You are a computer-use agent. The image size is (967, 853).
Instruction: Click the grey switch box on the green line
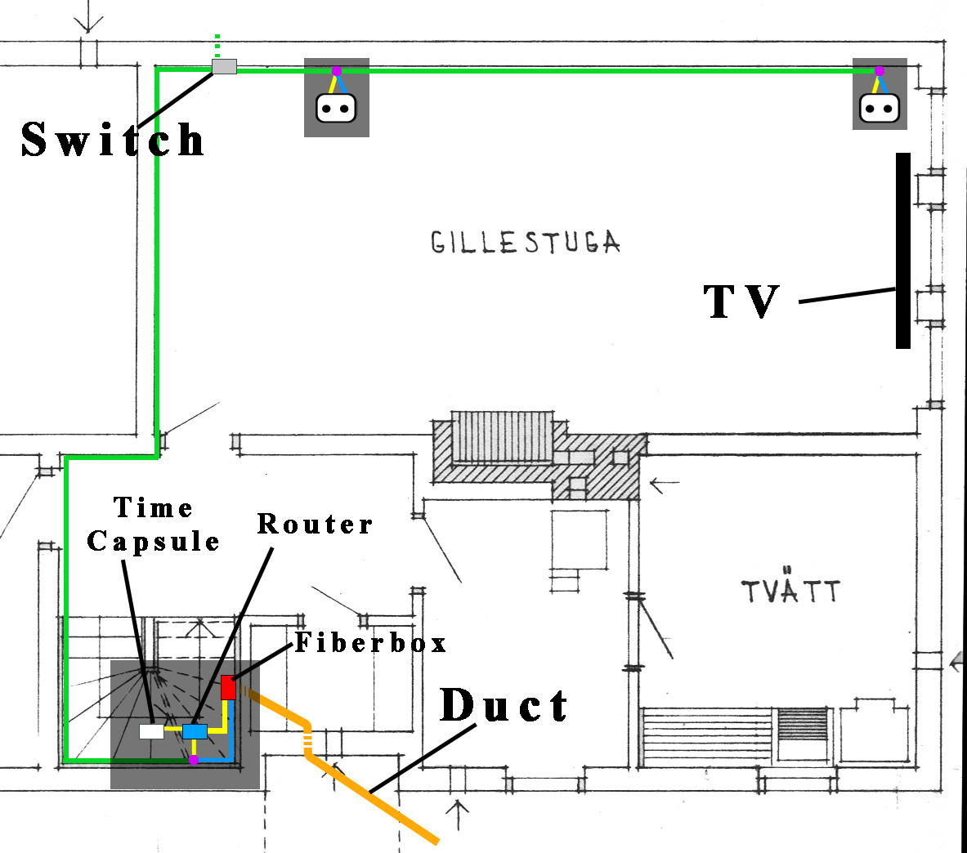(224, 67)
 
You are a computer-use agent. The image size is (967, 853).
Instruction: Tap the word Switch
(113, 139)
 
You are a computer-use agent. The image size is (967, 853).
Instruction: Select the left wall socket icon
(336, 107)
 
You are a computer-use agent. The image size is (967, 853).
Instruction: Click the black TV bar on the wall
(902, 251)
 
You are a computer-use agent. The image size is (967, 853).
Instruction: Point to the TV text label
(742, 301)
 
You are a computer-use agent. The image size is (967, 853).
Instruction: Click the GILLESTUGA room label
(525, 243)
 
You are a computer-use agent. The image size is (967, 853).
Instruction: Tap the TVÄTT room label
(790, 590)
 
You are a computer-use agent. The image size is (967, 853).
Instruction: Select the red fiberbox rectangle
(228, 687)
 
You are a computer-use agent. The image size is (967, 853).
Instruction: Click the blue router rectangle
(195, 731)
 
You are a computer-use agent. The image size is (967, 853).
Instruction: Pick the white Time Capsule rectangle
(151, 731)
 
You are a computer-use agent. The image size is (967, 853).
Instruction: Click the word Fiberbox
(371, 643)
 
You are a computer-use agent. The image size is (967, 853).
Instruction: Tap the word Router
(315, 524)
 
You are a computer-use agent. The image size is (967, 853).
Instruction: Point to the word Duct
(504, 706)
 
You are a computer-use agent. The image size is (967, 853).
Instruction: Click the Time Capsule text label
(154, 525)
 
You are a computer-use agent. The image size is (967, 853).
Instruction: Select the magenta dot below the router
(194, 760)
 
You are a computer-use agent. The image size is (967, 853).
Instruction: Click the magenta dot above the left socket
(336, 71)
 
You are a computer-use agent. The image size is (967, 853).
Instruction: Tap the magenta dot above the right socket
(879, 72)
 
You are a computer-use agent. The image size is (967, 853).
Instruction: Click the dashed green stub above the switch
(217, 45)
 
